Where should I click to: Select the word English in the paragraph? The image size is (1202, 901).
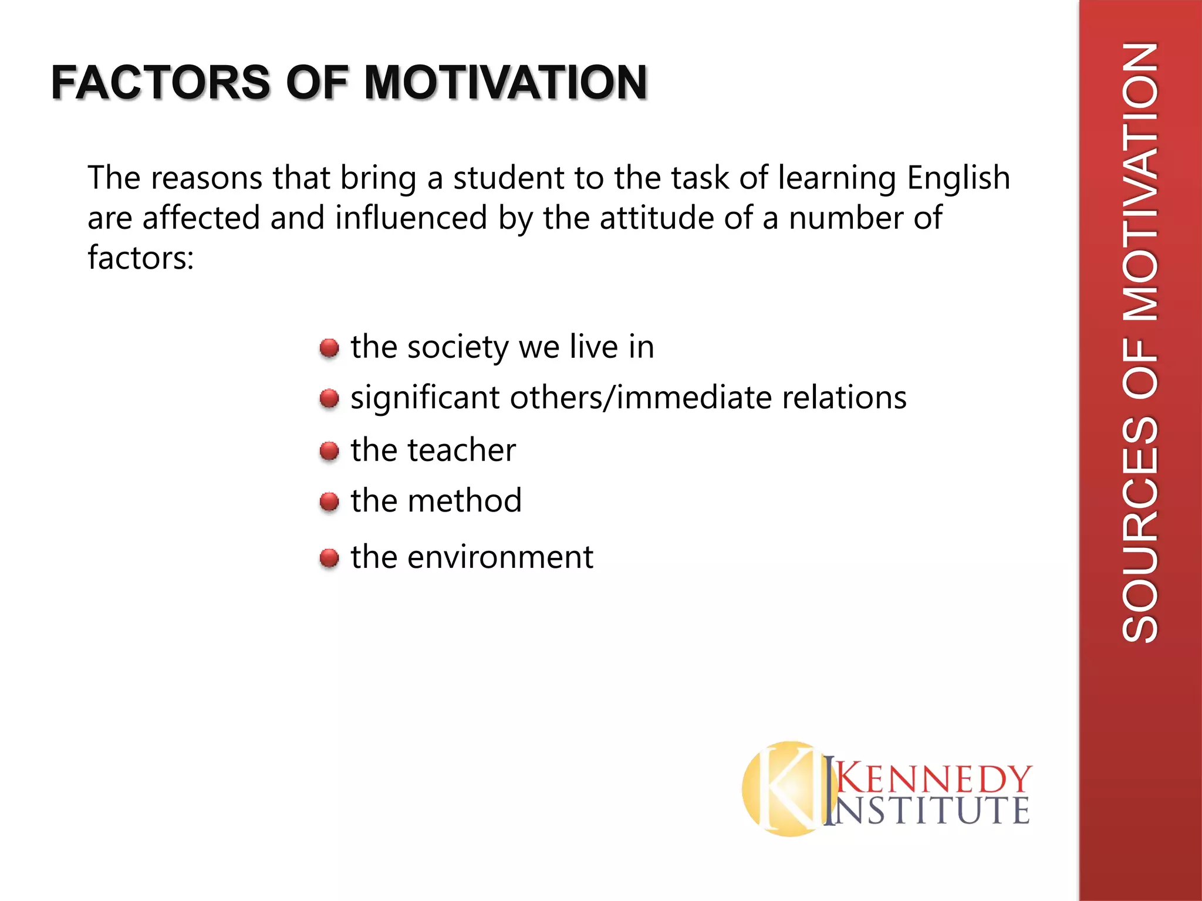point(958,178)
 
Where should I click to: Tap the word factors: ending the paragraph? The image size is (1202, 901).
point(141,258)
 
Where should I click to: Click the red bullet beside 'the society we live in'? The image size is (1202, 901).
point(329,348)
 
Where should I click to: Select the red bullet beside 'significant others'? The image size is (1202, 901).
point(329,399)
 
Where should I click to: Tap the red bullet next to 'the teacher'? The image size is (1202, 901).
point(329,451)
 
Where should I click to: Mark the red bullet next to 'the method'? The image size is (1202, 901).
point(329,502)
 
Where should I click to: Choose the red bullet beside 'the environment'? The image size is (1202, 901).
point(329,558)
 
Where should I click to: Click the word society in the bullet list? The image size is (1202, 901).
point(458,348)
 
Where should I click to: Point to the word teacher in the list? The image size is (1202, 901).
point(462,450)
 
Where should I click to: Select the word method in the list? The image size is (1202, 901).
point(464,501)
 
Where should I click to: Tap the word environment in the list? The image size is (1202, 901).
point(500,557)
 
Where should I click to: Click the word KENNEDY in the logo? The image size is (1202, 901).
point(933,779)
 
